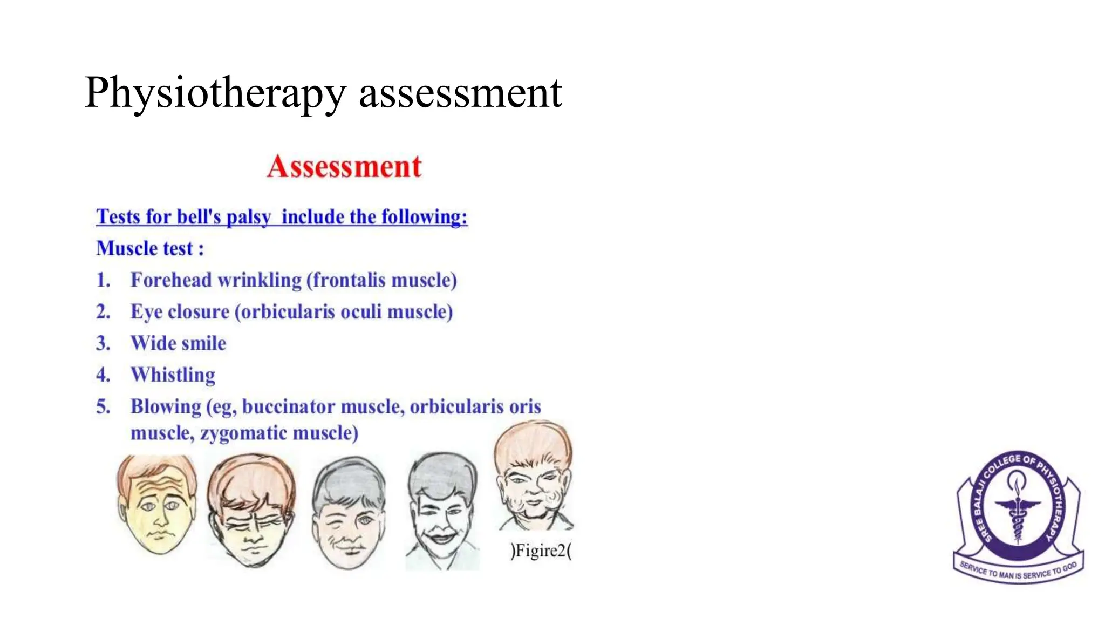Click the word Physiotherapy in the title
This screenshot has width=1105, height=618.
[x=215, y=93]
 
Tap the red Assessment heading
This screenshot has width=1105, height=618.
[x=344, y=166]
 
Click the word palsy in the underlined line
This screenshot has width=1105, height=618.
[x=248, y=217]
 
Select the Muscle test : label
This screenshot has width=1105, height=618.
[x=150, y=248]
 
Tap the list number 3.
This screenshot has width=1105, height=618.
[x=103, y=343]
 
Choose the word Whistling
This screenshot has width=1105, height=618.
[x=173, y=375]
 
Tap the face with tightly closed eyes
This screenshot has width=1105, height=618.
[x=251, y=510]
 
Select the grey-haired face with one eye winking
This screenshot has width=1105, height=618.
[x=349, y=513]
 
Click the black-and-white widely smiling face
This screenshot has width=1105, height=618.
[x=442, y=510]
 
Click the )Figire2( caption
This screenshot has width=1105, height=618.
[x=541, y=551]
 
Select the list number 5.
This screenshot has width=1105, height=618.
[x=103, y=406]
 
